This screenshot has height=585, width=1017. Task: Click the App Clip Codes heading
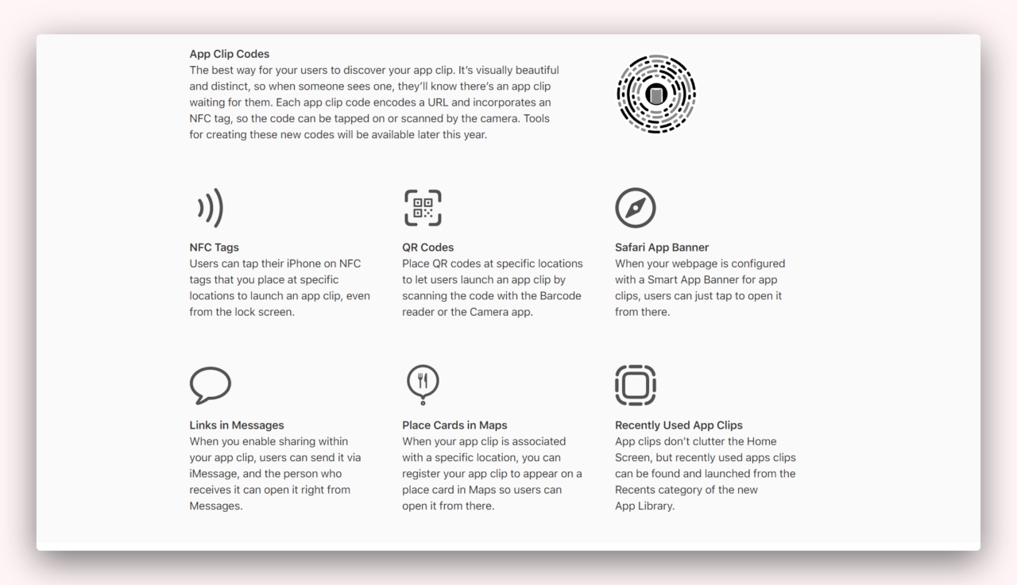click(229, 54)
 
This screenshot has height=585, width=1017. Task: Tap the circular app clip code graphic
click(655, 94)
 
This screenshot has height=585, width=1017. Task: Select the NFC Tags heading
click(214, 247)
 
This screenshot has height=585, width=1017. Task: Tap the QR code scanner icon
click(423, 208)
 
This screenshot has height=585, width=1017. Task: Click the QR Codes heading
click(427, 247)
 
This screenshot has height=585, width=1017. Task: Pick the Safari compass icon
click(636, 208)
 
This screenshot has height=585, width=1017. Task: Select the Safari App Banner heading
click(662, 247)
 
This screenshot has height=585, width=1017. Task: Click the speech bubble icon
click(211, 385)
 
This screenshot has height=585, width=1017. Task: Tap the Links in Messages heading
click(236, 425)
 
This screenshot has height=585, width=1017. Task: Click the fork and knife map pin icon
click(423, 383)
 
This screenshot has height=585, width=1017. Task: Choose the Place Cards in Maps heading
click(454, 425)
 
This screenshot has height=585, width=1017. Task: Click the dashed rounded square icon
click(636, 385)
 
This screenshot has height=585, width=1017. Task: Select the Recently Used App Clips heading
click(679, 425)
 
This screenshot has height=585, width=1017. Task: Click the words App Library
click(644, 506)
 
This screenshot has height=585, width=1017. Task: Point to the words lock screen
click(265, 312)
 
